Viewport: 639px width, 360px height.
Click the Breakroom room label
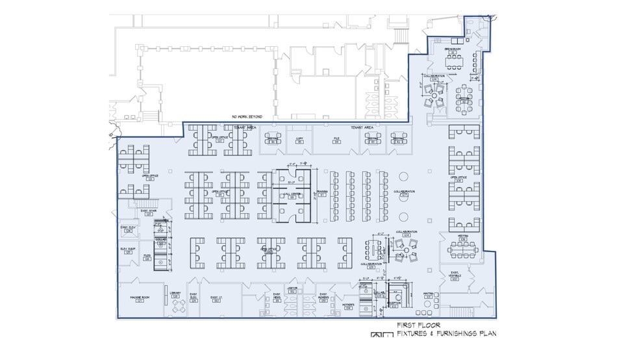coord(452,49)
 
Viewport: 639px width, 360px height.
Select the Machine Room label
coord(140,297)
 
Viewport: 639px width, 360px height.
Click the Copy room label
coord(299,140)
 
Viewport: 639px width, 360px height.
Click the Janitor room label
coord(292,290)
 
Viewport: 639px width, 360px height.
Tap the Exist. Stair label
coord(148,212)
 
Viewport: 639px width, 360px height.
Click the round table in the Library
coord(177,306)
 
